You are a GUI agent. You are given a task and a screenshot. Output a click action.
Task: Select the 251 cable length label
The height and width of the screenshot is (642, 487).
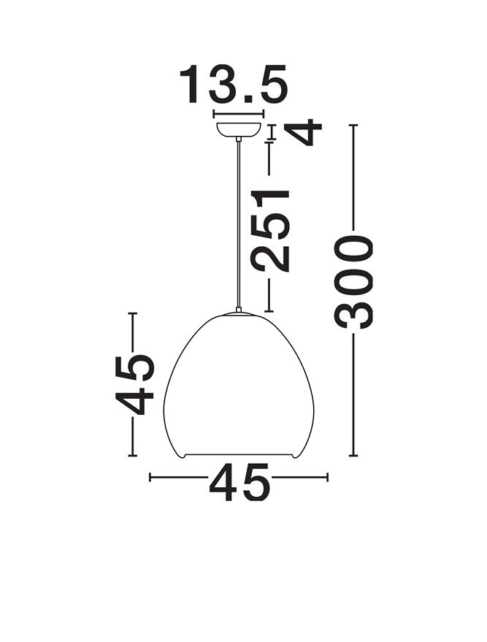point(270,229)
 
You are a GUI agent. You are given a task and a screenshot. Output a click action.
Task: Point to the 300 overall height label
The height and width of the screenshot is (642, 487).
point(354,280)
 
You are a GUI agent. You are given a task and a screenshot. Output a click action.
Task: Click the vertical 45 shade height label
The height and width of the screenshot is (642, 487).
point(134,384)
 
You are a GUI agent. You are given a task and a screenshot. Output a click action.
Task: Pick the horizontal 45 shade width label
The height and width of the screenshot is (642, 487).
point(239,483)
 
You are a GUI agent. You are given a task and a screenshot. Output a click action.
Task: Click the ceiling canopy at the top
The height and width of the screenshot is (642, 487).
point(238,130)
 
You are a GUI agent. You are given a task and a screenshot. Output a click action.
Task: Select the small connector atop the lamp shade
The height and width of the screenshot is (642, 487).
point(239,310)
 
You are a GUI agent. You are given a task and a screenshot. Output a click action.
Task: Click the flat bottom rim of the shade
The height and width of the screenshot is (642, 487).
point(239,455)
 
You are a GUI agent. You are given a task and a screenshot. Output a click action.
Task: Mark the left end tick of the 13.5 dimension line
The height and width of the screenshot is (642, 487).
point(212,114)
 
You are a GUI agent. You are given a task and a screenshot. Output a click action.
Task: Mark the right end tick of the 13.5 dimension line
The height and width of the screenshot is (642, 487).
point(263,114)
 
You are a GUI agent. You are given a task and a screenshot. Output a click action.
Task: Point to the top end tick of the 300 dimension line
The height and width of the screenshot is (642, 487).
point(354,126)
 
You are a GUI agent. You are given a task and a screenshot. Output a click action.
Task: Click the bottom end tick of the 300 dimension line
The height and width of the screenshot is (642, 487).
point(354,456)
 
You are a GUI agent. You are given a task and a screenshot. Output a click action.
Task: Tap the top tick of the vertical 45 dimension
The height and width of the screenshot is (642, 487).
point(133,313)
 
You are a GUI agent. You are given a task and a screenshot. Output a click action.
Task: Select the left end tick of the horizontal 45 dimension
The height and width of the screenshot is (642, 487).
point(150,478)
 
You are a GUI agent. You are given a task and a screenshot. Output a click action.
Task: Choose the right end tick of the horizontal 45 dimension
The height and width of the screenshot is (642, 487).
point(328,478)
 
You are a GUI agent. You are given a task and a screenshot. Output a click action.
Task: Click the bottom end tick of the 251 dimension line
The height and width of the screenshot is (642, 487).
point(270,312)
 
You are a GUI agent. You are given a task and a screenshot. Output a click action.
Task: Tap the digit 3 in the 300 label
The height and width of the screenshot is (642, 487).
point(354,310)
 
